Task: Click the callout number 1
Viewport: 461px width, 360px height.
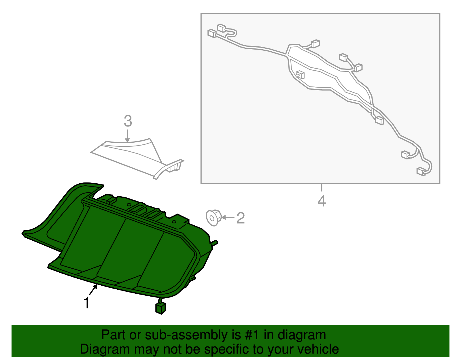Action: click(x=86, y=303)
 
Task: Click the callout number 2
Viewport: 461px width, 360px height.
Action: click(x=241, y=218)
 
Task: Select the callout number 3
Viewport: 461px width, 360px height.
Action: click(x=128, y=121)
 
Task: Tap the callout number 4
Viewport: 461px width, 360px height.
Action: click(x=322, y=201)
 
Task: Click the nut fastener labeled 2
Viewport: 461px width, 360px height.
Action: click(x=213, y=218)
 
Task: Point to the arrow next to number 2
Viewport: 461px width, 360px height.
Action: click(x=228, y=217)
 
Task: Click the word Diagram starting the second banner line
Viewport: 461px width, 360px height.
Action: click(x=97, y=349)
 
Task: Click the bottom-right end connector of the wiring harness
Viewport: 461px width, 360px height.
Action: click(x=421, y=171)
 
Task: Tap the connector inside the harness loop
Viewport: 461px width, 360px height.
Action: click(x=300, y=75)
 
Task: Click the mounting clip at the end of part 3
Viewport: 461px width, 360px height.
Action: click(x=175, y=166)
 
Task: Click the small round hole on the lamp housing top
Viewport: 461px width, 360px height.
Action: click(x=174, y=222)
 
